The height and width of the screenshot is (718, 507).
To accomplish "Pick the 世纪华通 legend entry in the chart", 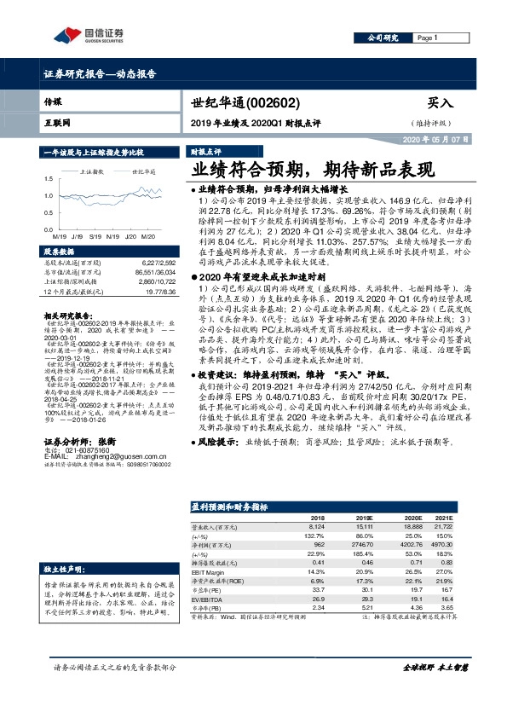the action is [x=142, y=171].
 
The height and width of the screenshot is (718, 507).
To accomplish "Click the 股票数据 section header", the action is [x=59, y=252].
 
